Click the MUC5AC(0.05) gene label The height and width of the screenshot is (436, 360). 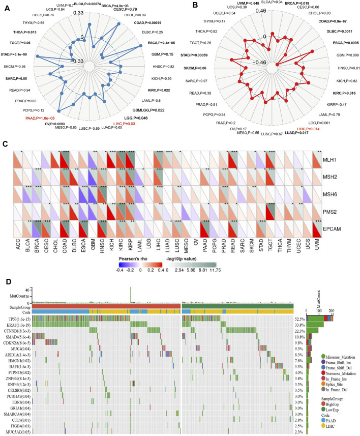click(17, 431)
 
